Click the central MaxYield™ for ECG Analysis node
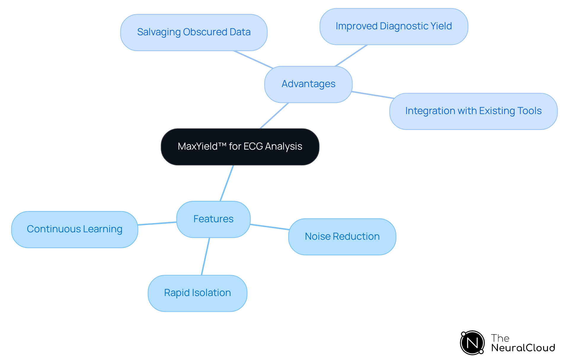point(240,147)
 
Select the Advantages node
point(308,84)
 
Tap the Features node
point(213,219)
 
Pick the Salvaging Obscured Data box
point(194,32)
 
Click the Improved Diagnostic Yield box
point(394,26)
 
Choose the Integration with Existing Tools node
point(473,111)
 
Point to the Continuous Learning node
point(74,229)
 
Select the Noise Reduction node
point(342,237)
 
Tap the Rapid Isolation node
point(197,293)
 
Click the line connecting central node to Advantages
point(274,116)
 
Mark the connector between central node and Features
point(227,183)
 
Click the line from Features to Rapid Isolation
point(205,256)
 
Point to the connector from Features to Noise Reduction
point(269,227)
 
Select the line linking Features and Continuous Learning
point(157,223)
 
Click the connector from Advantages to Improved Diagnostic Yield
point(351,55)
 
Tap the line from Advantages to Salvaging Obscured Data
point(253,60)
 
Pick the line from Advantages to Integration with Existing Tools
point(373,95)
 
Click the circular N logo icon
point(472,343)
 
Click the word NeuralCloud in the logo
point(523,348)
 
